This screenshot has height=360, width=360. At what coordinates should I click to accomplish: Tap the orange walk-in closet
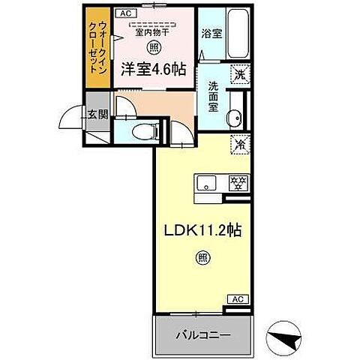(x=96, y=47)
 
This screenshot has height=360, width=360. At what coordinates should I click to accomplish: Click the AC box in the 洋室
(x=126, y=13)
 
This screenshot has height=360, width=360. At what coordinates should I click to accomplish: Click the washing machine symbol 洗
(x=240, y=75)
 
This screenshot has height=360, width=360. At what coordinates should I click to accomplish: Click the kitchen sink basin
(x=207, y=181)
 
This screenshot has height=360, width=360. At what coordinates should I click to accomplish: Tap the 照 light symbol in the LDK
(x=203, y=258)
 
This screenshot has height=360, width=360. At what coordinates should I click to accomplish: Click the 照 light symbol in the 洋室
(x=153, y=47)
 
